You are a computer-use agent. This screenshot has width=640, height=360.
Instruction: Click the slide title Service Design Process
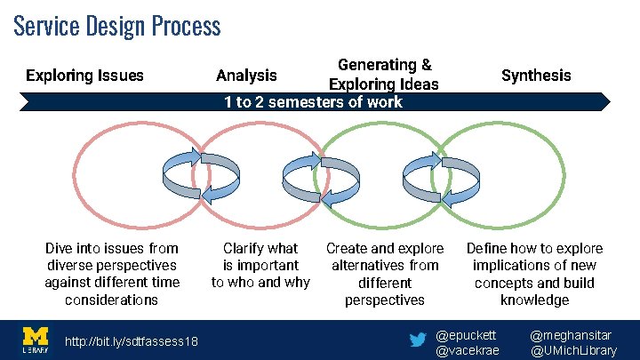tap(116, 25)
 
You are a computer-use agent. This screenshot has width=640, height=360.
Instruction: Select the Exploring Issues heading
tap(84, 76)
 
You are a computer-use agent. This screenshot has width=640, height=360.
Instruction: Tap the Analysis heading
tap(247, 76)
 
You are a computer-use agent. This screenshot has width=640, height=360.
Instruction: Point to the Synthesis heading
tap(536, 76)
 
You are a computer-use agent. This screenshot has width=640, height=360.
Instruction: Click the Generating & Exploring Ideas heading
tap(384, 75)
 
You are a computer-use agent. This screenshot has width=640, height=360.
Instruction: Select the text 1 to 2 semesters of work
tap(313, 101)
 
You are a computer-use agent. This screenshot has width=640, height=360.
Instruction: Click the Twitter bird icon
tap(417, 340)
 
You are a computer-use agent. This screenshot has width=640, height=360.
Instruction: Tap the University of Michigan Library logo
tap(35, 340)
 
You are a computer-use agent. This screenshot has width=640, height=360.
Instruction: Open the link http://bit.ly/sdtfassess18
tap(132, 342)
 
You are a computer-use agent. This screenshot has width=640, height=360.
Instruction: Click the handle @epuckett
tap(467, 335)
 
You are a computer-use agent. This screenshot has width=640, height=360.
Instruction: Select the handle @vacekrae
tap(468, 350)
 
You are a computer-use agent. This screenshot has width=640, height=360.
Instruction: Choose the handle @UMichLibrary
tap(573, 350)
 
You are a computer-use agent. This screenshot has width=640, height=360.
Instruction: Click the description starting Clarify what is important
tap(260, 265)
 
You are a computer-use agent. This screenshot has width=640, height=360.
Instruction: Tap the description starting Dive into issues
tap(112, 274)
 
